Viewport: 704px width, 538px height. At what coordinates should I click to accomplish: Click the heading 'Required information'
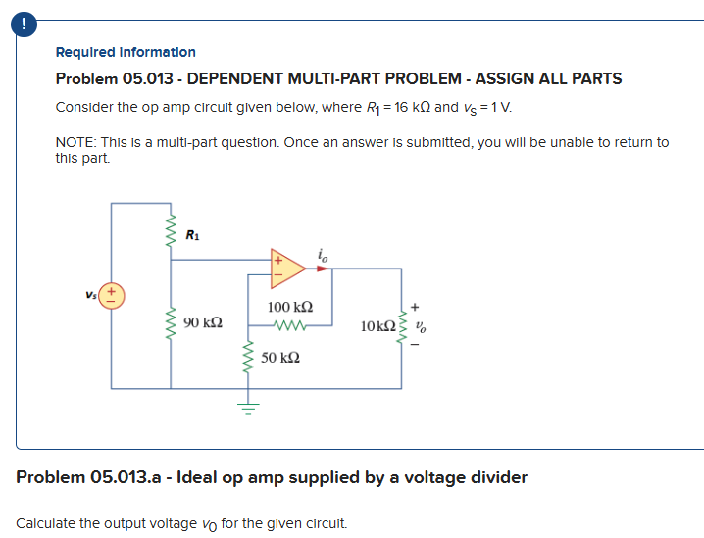pos(126,52)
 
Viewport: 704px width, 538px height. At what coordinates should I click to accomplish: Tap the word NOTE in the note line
pos(75,142)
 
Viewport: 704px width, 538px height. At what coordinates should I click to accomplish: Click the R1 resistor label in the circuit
pos(192,234)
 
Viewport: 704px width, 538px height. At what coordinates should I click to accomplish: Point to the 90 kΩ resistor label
pos(202,321)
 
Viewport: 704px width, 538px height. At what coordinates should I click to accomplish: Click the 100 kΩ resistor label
pos(290,308)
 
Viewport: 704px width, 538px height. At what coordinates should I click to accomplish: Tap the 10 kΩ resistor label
pos(377,324)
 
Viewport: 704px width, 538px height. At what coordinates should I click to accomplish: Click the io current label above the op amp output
pos(323,253)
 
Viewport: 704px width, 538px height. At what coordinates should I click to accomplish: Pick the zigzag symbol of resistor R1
pos(173,235)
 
